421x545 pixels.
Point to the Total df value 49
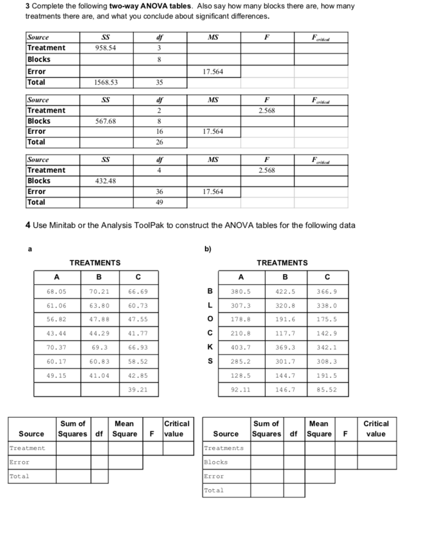click(159, 202)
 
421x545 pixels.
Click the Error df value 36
click(159, 192)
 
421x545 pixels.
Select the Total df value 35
click(159, 82)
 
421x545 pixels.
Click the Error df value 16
click(159, 131)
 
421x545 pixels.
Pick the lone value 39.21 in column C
click(138, 390)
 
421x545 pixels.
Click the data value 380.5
click(241, 292)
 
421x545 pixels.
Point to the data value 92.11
click(241, 390)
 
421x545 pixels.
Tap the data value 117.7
click(285, 334)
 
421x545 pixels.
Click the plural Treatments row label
click(224, 448)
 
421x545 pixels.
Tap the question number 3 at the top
click(28, 6)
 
